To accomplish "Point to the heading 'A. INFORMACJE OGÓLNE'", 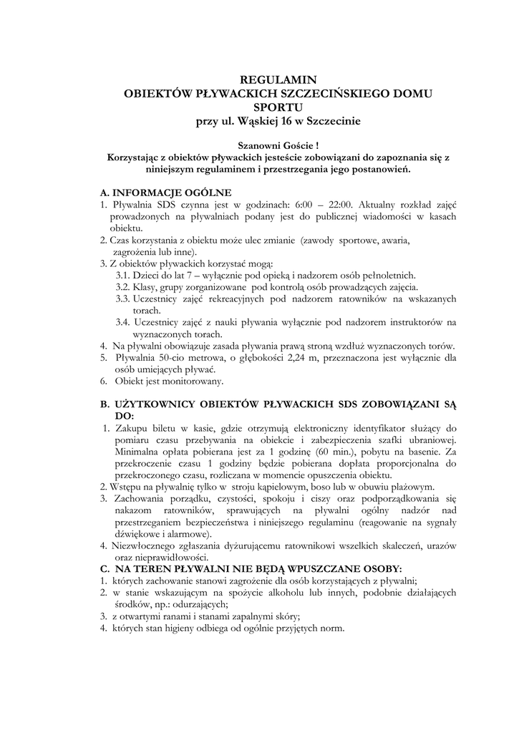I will click(165, 192).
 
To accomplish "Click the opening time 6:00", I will click(307, 204).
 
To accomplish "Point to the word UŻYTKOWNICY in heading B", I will click(160, 404).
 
